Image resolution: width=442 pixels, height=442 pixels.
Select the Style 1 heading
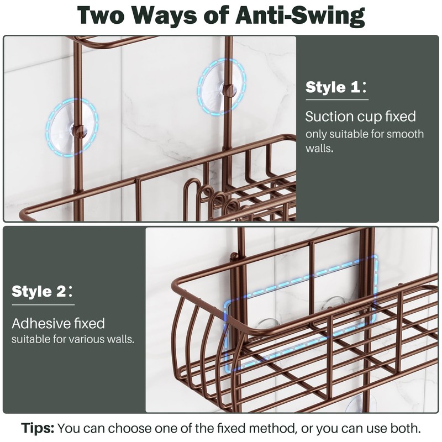point(334,87)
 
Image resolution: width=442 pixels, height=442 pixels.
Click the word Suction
point(329,117)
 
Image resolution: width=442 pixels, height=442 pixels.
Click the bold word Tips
point(38,428)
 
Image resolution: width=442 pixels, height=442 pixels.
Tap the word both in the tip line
point(406,428)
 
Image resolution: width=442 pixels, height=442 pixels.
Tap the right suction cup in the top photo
point(220,87)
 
